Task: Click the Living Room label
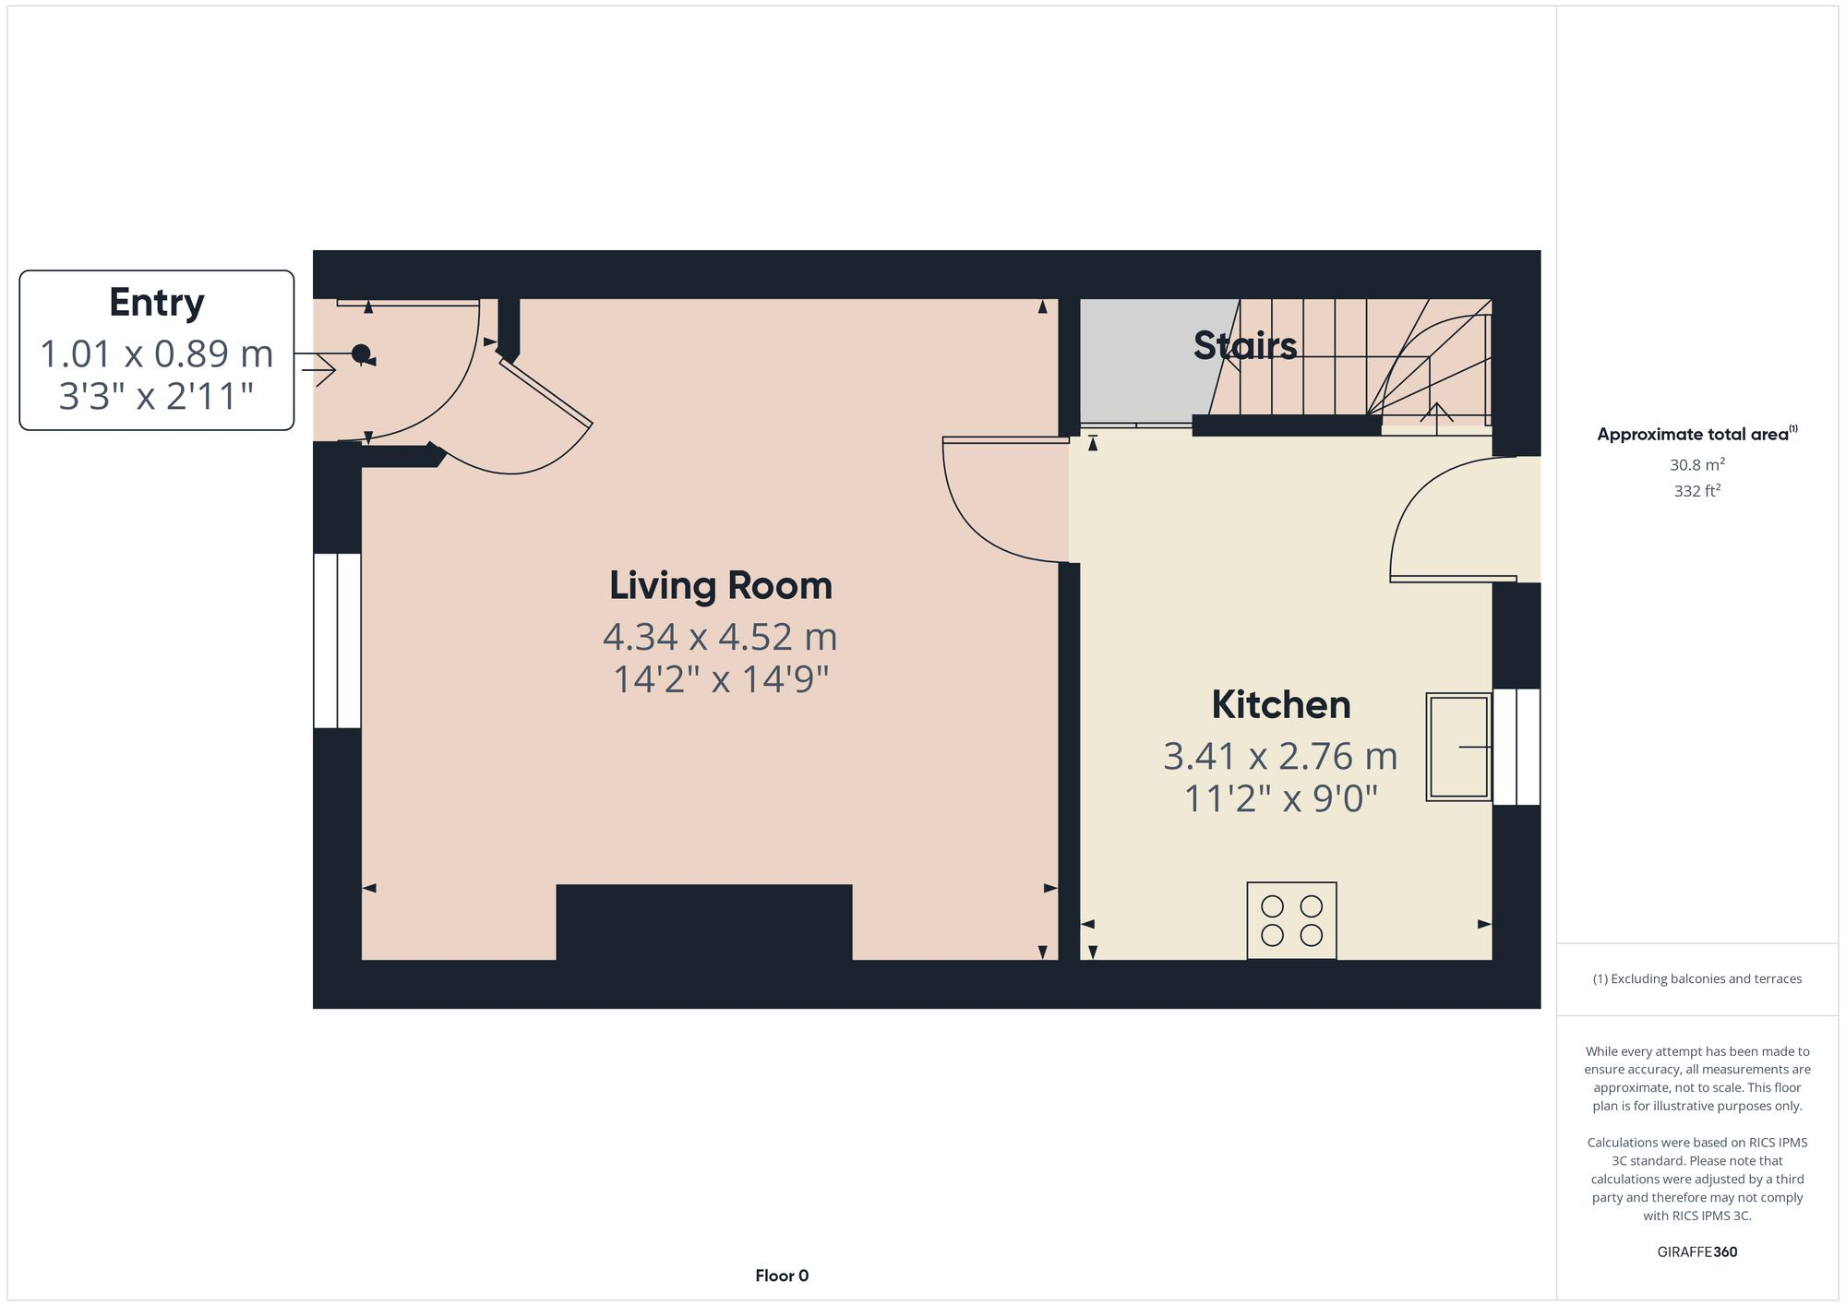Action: tap(720, 585)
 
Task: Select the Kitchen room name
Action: tap(1280, 704)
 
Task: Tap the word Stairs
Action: tap(1244, 345)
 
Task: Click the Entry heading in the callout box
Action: tap(156, 303)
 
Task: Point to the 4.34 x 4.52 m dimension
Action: tap(720, 637)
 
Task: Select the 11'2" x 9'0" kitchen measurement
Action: tap(1280, 798)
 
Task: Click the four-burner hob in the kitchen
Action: tap(1291, 920)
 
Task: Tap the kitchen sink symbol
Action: tap(1458, 747)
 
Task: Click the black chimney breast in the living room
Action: tap(703, 922)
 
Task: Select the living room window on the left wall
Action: tap(337, 641)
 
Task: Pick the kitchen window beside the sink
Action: tap(1516, 747)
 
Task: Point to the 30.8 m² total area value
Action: tap(1696, 464)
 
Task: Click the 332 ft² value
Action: tap(1696, 491)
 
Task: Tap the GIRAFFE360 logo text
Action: tap(1696, 1252)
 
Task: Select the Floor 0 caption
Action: tap(782, 1276)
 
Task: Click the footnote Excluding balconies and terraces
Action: tap(1696, 978)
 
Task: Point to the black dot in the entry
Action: tap(361, 353)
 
